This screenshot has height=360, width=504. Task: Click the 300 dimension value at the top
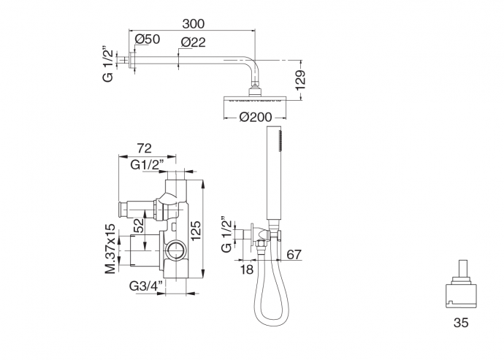pyautogui.click(x=193, y=23)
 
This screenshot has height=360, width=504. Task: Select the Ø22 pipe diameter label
pyautogui.click(x=193, y=42)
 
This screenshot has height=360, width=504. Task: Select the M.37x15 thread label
pyautogui.click(x=110, y=249)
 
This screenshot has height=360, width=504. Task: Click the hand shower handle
pyautogui.click(x=275, y=175)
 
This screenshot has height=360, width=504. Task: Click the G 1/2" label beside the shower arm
pyautogui.click(x=108, y=64)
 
